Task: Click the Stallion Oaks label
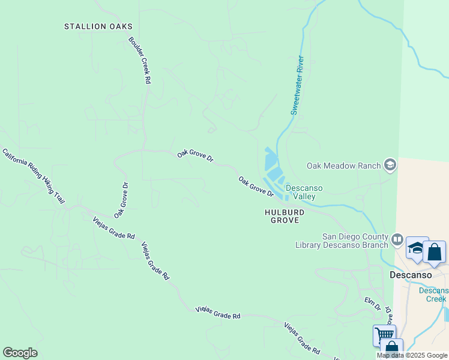98,26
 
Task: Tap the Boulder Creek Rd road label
139,60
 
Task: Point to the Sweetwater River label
298,85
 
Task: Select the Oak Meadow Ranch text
344,166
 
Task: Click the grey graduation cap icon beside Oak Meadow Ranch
390,165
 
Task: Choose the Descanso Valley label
304,192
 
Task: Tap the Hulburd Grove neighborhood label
284,216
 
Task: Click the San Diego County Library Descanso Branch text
342,240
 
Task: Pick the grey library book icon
397,240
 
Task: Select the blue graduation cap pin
417,248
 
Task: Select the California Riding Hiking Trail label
34,176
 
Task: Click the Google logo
20,353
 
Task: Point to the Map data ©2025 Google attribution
412,355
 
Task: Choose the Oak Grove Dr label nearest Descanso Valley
256,187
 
